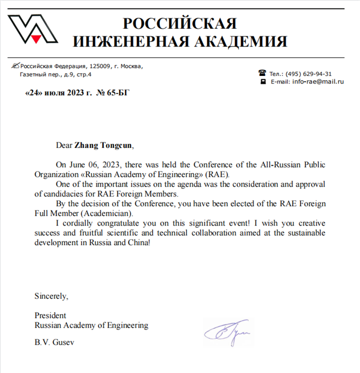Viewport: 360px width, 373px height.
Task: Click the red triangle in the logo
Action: [x=35, y=38]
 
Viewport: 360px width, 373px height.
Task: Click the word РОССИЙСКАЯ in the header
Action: [x=179, y=24]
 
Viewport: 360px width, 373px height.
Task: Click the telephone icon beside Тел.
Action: [x=262, y=73]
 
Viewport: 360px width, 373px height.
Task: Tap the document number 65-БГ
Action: [x=119, y=92]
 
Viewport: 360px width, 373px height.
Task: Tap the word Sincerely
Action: [x=51, y=295]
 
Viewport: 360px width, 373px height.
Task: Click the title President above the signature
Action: [x=50, y=315]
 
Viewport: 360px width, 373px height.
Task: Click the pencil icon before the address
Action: [x=15, y=66]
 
